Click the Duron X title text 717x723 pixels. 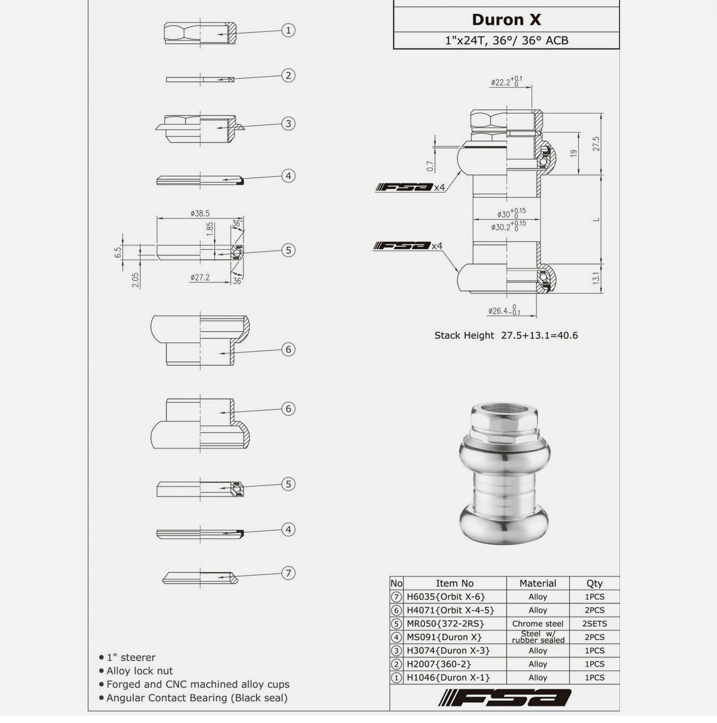(x=506, y=20)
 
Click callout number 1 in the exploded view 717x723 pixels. (x=288, y=30)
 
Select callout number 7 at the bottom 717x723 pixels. (x=288, y=573)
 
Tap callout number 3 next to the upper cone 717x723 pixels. (x=288, y=123)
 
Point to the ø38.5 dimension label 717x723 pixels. (x=200, y=213)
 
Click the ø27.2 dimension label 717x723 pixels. (x=200, y=277)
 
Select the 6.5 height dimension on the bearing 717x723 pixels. (x=118, y=252)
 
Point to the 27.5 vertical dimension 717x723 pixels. (x=596, y=144)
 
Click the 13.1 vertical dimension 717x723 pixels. (x=596, y=278)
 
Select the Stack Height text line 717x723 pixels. (x=506, y=335)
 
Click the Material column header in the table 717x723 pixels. (x=537, y=583)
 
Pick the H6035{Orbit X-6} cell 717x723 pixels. (x=446, y=597)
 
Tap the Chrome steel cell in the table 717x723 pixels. (x=537, y=624)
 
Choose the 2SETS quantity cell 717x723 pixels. (x=594, y=624)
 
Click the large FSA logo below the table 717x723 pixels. (x=505, y=698)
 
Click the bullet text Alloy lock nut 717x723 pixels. (x=139, y=671)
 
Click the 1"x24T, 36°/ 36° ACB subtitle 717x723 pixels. (x=506, y=41)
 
